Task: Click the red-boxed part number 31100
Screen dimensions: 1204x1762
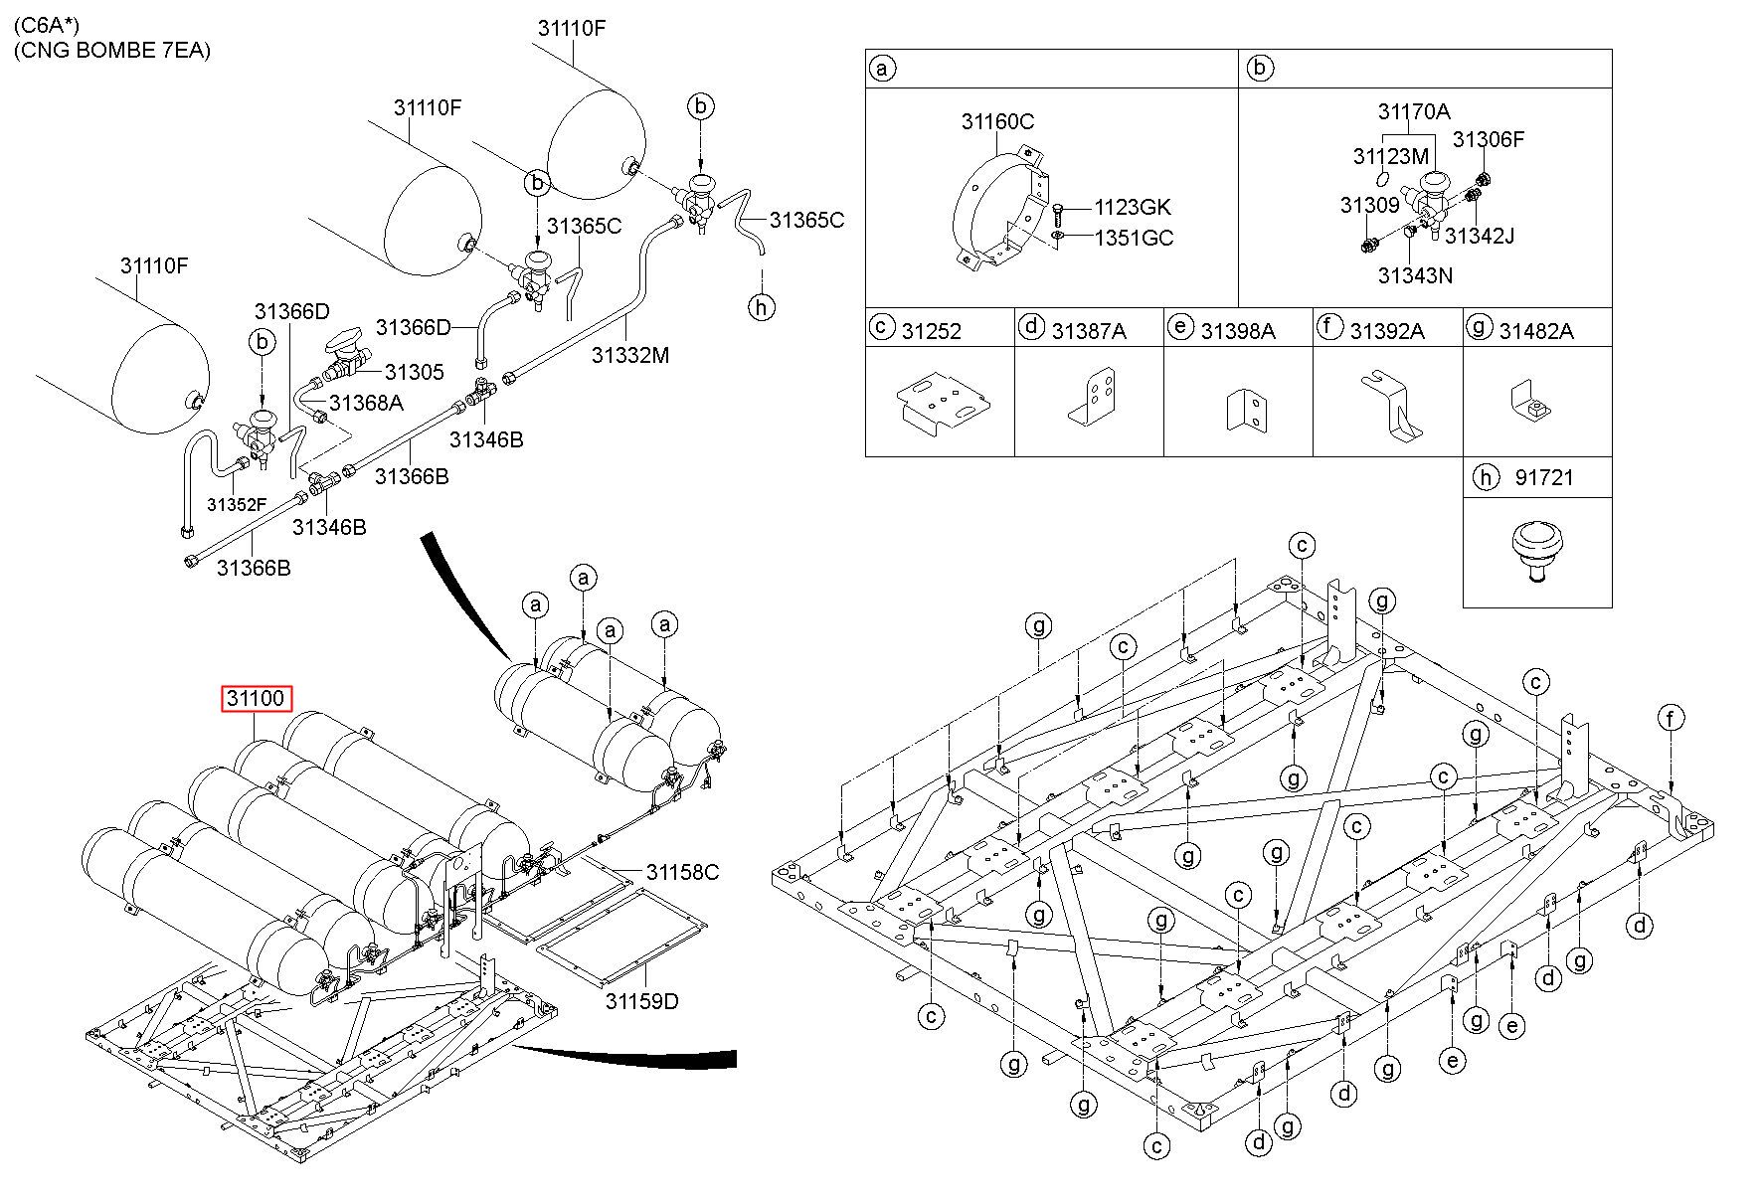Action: [257, 698]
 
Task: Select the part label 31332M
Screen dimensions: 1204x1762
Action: [630, 354]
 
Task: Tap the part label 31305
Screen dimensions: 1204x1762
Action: [414, 372]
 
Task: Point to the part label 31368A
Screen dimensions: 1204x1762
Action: [366, 403]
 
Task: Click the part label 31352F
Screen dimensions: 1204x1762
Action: [237, 505]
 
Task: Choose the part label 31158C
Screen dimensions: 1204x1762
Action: [682, 872]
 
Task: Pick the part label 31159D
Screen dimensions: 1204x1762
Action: [641, 1000]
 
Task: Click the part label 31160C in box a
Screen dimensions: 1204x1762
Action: [997, 121]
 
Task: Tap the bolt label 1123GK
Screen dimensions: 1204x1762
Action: [1133, 207]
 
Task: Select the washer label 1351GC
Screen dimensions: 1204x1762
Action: [1134, 238]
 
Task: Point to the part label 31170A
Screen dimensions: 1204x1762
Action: [1413, 111]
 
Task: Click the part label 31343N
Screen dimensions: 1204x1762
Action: [1415, 275]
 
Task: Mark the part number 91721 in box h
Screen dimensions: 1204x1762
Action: [1544, 477]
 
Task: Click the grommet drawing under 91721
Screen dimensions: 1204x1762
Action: [1537, 551]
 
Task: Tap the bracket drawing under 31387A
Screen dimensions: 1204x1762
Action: [1091, 398]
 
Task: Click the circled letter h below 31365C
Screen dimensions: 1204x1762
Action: [761, 307]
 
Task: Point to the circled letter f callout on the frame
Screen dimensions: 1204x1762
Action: [1672, 717]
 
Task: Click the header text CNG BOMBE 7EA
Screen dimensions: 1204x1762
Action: [112, 50]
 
